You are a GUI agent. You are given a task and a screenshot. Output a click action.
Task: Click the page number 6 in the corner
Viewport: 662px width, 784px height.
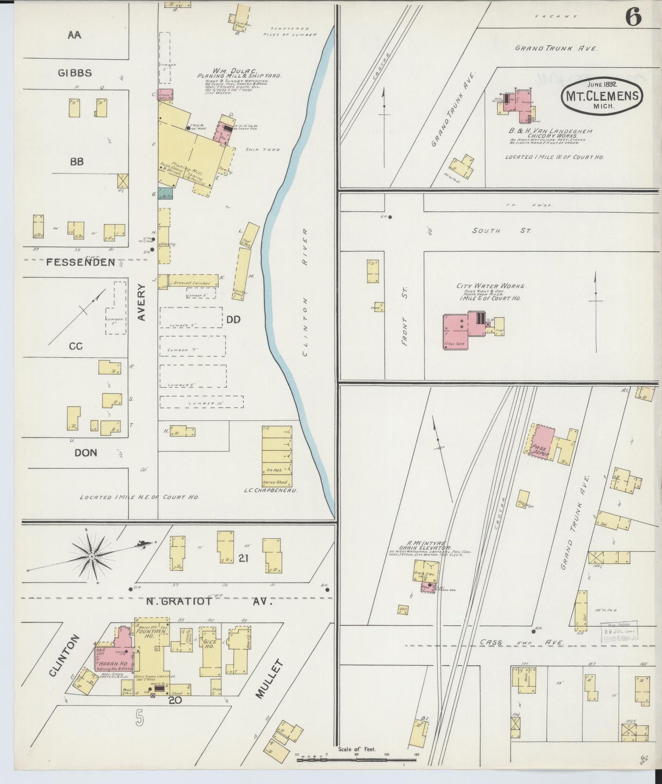633,18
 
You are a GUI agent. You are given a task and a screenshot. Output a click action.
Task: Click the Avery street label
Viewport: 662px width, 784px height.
141,302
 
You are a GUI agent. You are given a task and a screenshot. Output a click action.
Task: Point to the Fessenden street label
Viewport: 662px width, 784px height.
80,262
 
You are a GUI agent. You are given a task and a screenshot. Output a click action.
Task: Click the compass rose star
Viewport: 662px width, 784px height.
92,556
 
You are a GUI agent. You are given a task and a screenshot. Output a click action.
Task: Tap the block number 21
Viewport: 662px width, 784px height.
243,558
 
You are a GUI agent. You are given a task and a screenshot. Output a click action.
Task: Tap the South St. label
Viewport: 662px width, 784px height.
501,231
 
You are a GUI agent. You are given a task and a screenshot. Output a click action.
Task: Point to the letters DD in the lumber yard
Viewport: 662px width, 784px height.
233,320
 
